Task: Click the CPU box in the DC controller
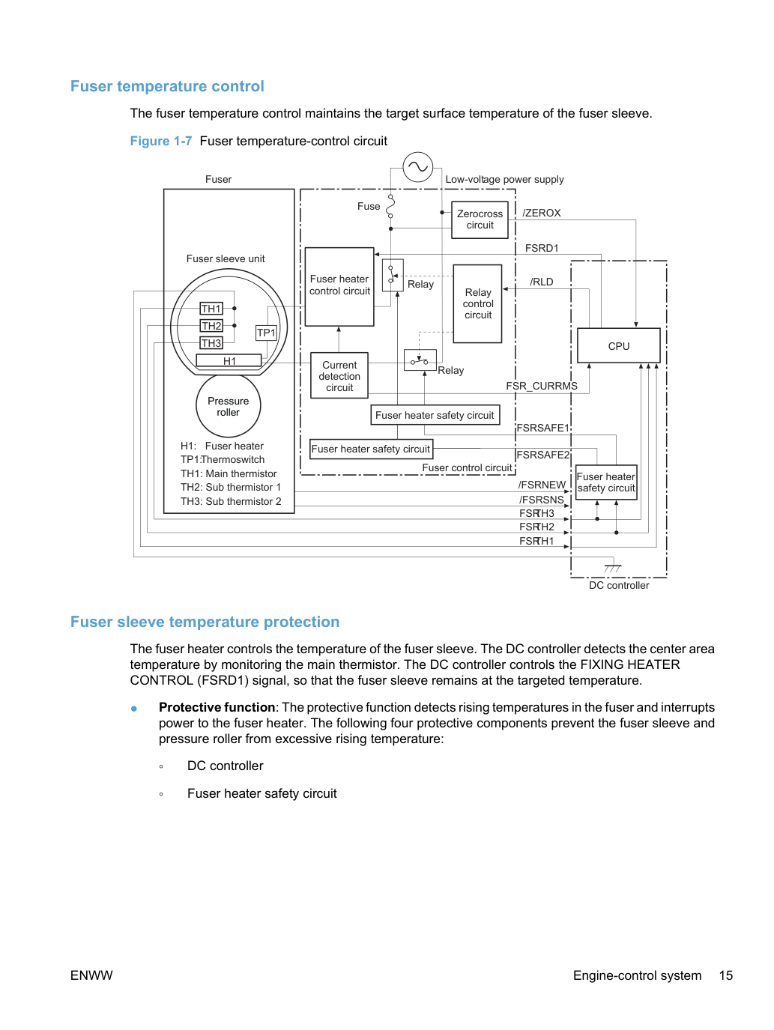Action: [618, 345]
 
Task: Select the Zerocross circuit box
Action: [480, 219]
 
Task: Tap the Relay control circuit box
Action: [477, 303]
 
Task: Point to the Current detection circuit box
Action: [339, 375]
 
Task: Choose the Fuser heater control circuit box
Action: [339, 286]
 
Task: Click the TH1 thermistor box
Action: [211, 309]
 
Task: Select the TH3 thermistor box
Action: [211, 343]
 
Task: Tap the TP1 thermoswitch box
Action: [266, 333]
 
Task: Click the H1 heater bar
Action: [229, 360]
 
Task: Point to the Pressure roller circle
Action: [228, 406]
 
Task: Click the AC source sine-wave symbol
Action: [418, 167]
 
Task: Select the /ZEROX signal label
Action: [542, 213]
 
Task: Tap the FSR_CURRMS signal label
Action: [541, 386]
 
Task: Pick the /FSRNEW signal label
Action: [542, 485]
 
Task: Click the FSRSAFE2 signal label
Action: [543, 455]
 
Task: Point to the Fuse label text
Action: [369, 206]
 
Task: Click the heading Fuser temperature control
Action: [167, 86]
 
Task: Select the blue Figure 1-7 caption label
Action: [161, 141]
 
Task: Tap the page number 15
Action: [725, 975]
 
